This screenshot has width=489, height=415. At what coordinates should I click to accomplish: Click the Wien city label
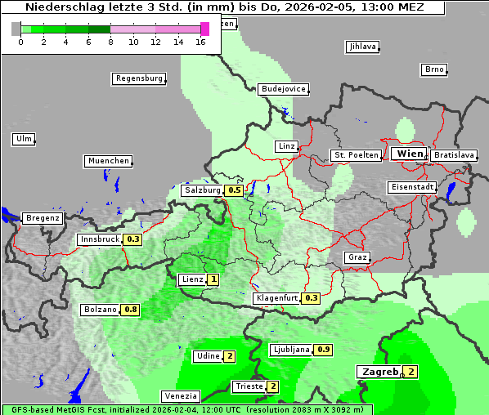[x=410, y=154]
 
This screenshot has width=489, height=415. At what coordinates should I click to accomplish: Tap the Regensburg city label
[x=138, y=78]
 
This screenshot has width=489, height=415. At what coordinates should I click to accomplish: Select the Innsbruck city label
[x=99, y=239]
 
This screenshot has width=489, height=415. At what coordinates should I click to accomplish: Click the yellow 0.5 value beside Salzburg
[x=235, y=190]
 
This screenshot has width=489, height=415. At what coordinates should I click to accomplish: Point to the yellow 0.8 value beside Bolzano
[x=131, y=310]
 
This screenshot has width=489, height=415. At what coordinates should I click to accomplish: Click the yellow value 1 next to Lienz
[x=213, y=279]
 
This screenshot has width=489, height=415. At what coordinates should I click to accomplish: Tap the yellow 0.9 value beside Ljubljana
[x=324, y=350]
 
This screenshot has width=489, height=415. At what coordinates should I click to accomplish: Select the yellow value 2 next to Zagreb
[x=411, y=372]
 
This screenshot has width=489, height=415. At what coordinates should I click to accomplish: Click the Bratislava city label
[x=454, y=154]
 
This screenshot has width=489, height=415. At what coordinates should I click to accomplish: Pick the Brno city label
[x=433, y=69]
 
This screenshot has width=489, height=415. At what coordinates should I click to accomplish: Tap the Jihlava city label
[x=362, y=47]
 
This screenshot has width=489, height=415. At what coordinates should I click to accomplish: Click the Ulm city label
[x=23, y=139]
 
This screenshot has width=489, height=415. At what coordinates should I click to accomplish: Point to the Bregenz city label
[x=43, y=218]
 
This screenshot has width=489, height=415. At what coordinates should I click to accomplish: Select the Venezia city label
[x=180, y=395]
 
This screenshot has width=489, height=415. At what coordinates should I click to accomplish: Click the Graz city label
[x=357, y=257]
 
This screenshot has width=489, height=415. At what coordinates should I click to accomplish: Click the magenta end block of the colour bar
[x=204, y=29]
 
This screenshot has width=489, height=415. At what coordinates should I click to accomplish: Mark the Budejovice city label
[x=283, y=88]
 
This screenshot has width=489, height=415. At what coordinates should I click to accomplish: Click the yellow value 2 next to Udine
[x=230, y=356]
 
